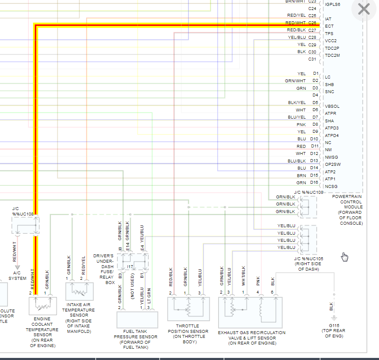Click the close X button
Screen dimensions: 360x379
364,9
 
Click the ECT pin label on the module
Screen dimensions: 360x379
329,26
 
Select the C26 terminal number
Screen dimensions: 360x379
312,23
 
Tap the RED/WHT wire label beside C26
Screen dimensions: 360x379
295,23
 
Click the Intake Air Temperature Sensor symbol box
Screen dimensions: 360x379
79,291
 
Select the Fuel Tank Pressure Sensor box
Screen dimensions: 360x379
137,319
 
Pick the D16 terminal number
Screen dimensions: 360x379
314,183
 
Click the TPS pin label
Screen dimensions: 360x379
329,33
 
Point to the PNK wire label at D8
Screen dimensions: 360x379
301,124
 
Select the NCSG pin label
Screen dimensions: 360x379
331,186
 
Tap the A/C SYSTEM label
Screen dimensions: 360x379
17,276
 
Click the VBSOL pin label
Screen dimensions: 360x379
332,106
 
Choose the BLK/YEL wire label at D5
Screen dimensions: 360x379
297,103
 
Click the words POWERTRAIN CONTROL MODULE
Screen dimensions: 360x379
347,202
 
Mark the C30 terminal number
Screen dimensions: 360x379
312,52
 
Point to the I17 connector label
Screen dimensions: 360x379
130,266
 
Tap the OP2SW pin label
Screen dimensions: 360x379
333,165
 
